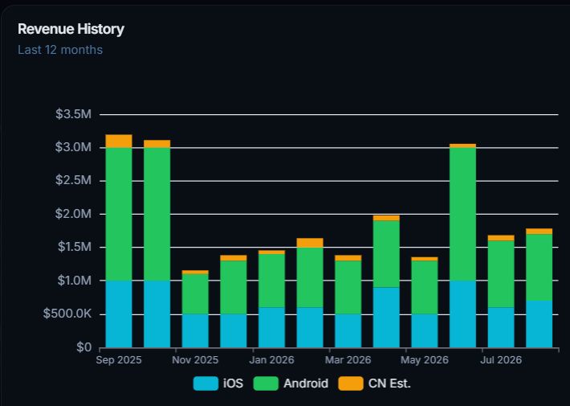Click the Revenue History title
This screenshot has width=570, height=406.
pos(71,29)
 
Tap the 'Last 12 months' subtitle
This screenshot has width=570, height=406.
pos(60,50)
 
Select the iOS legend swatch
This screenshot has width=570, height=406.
pos(206,383)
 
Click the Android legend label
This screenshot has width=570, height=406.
pos(306,383)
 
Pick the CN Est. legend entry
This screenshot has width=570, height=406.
pos(374,383)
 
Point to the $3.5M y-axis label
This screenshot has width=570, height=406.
pos(73,114)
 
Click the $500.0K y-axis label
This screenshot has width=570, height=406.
pos(67,314)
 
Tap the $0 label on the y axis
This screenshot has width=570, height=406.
pos(84,347)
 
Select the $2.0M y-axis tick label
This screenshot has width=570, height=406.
pos(73,214)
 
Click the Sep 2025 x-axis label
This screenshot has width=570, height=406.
pos(119,360)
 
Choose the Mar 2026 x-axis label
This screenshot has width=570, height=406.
pos(348,360)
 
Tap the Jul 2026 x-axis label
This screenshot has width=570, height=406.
pos(501,360)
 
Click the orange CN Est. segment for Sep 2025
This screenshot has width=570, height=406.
pos(119,141)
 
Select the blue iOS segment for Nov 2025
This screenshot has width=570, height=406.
pos(195,330)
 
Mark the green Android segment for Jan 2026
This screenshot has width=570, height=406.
pos(271,281)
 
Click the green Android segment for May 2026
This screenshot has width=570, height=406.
pos(425,287)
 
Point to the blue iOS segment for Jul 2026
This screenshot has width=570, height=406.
pos(501,327)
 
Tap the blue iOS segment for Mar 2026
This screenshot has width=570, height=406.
pos(348,330)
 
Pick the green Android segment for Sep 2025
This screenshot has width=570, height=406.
pos(119,214)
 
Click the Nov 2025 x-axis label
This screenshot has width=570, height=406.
pos(195,360)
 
